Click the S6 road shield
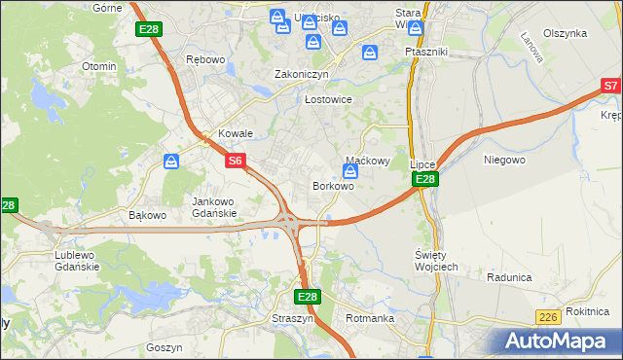[x=236, y=161]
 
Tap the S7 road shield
[x=611, y=87]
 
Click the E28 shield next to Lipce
[x=424, y=180]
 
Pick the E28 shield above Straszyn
[x=307, y=297]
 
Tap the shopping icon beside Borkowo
[x=349, y=171]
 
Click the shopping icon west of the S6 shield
[x=171, y=161]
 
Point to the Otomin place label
[x=99, y=66]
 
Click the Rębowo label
[x=205, y=59]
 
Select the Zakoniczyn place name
[x=302, y=74]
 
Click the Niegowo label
[x=504, y=159]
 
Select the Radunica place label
[x=510, y=277]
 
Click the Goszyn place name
[x=164, y=346]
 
